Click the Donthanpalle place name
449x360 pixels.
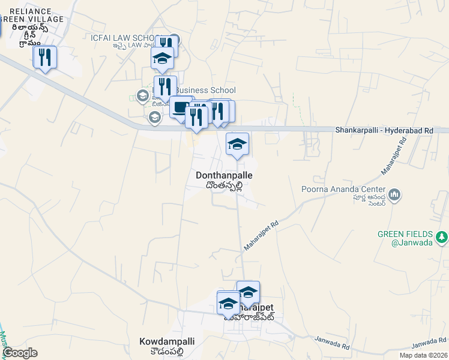coord(224,175)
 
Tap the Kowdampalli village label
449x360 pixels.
coord(167,341)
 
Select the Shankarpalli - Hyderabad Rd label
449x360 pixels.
coord(384,130)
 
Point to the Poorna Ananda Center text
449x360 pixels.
coord(342,190)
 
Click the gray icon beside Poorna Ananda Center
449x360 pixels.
coord(394,194)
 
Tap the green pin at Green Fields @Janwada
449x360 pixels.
coord(442,238)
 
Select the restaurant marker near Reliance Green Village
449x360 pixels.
coord(44,58)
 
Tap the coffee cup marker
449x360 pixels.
coord(180,108)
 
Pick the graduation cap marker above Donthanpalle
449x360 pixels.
coord(237,144)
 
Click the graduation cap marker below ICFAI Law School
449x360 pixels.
coord(162,59)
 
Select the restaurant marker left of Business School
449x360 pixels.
coord(165,87)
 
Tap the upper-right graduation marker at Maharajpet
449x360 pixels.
coord(248,292)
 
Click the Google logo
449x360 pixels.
coord(19,353)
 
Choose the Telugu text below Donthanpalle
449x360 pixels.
coord(223,185)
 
